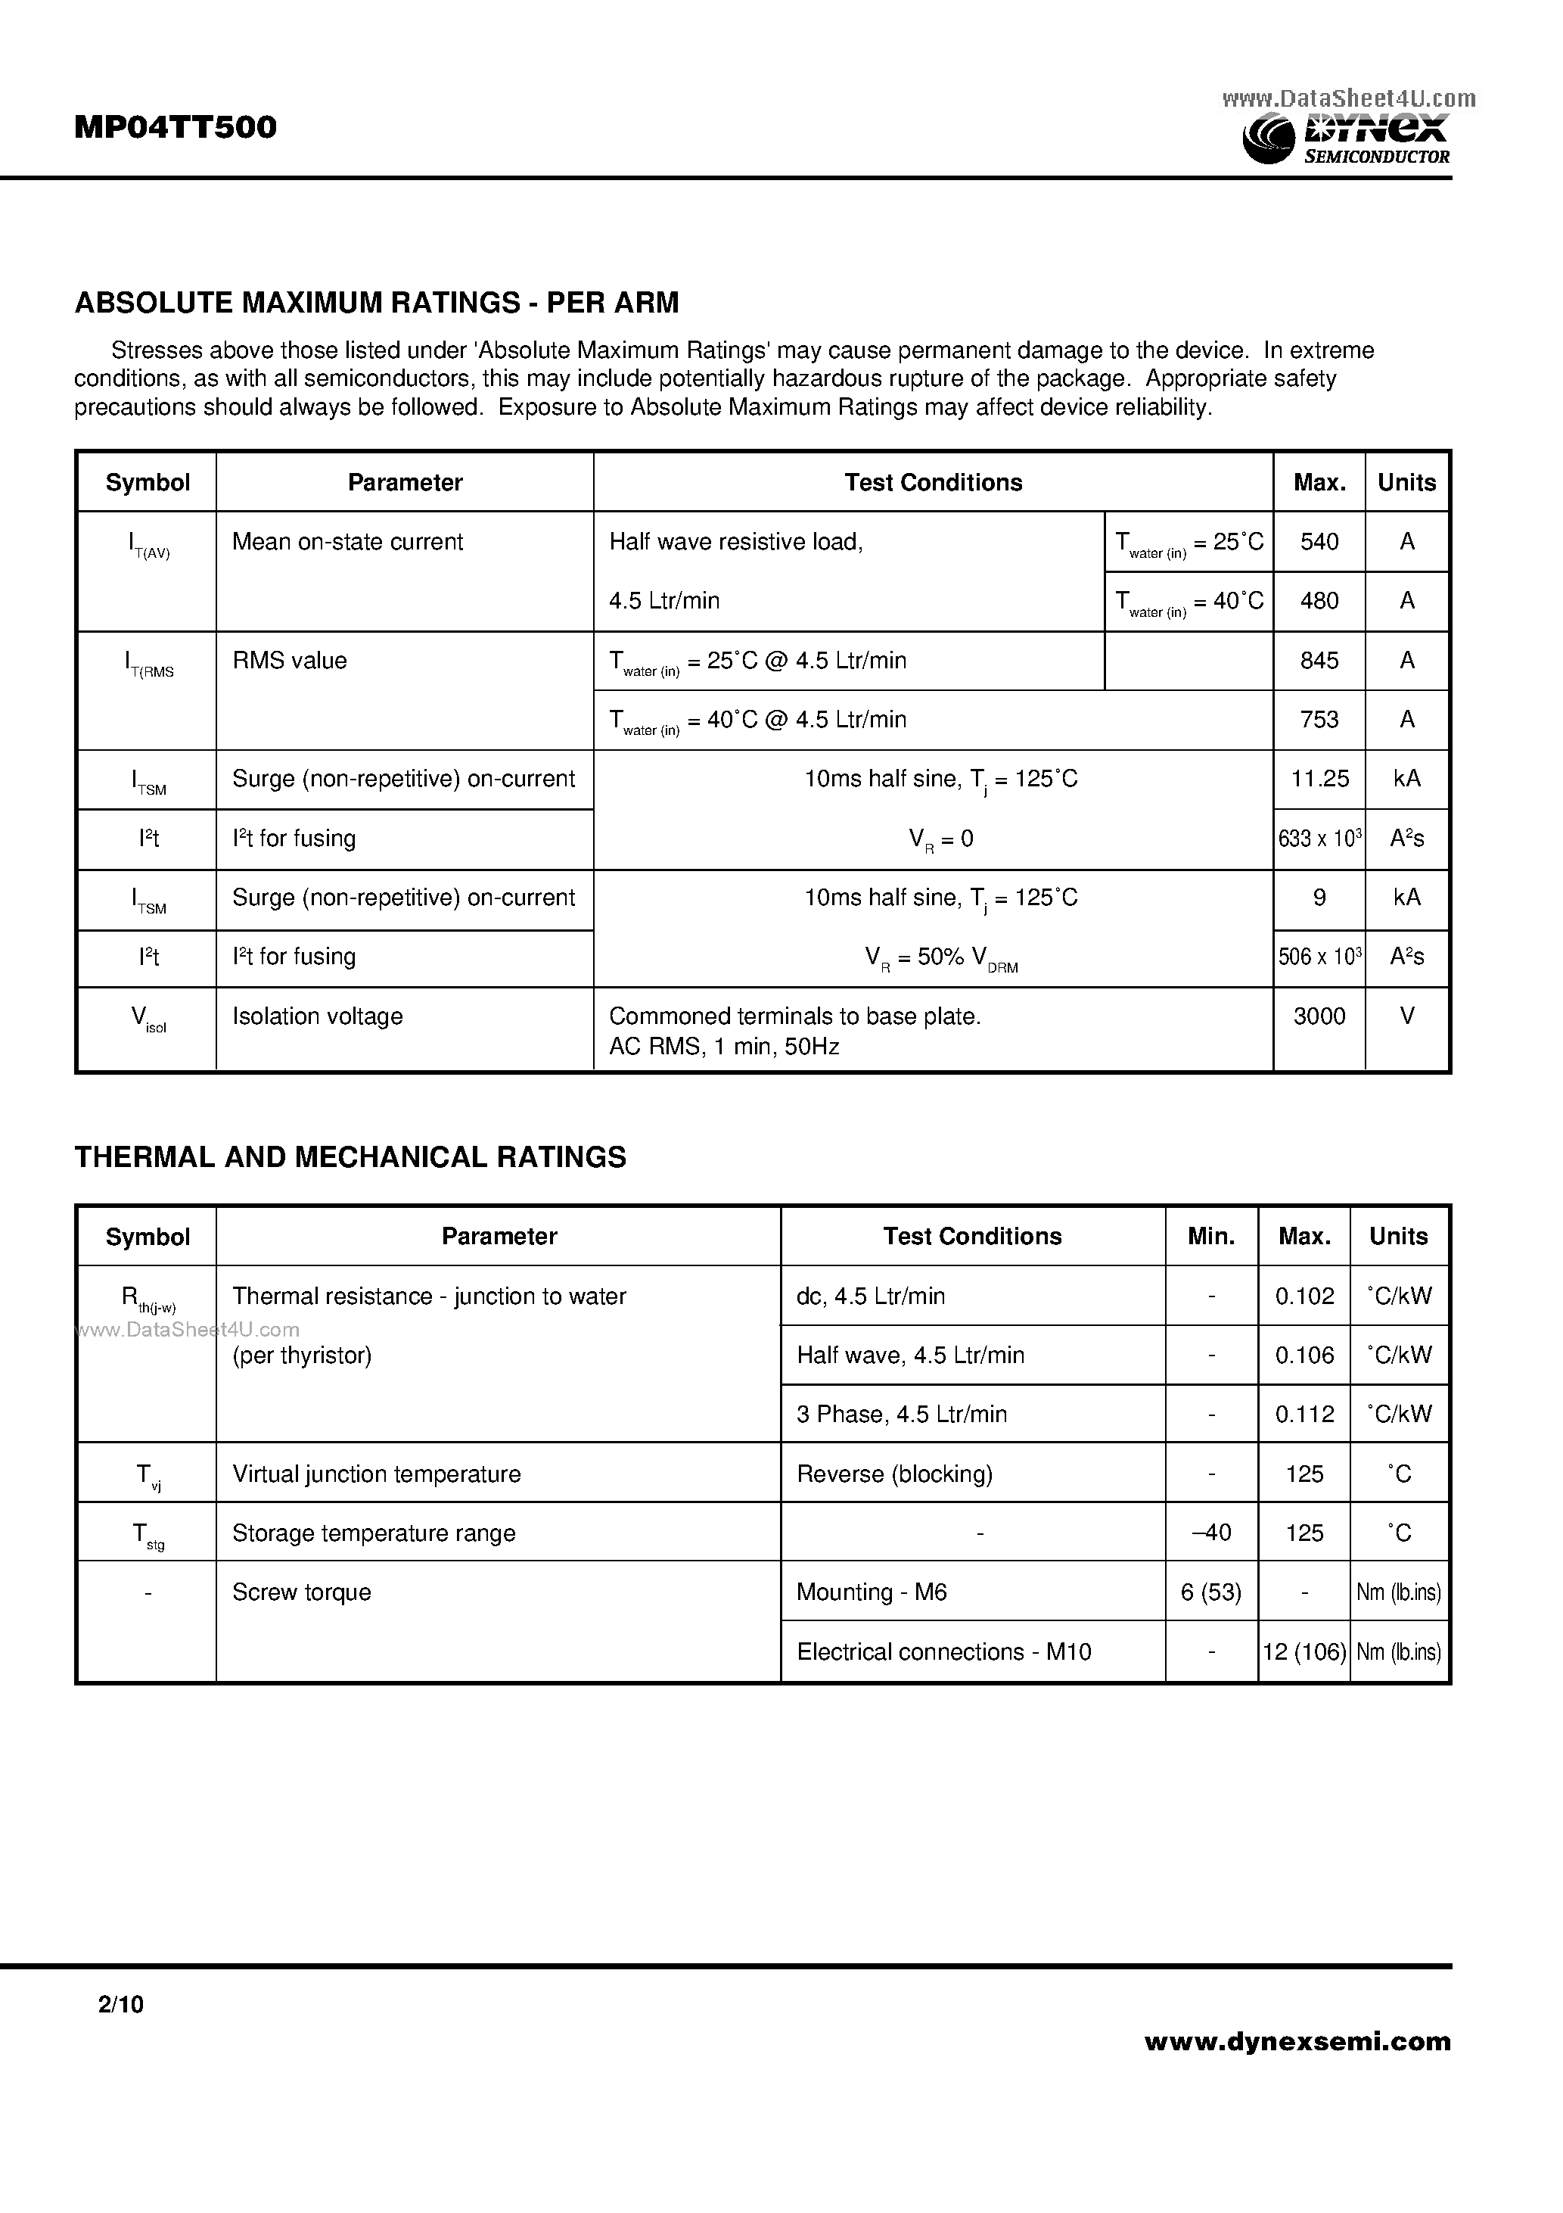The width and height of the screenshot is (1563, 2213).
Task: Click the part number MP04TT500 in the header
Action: pos(176,127)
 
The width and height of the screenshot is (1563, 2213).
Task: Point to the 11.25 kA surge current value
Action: pos(1319,779)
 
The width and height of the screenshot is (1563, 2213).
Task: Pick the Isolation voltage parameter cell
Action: pos(317,1016)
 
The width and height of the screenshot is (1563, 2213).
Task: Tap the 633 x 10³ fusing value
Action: pos(1319,839)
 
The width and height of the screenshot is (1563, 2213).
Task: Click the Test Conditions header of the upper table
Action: pos(933,482)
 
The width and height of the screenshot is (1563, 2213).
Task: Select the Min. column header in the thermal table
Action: pos(1211,1237)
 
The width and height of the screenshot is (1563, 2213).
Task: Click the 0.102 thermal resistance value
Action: pos(1304,1296)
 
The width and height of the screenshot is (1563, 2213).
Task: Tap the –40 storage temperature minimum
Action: pos(1211,1533)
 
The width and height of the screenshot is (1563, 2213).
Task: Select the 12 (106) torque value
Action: pos(1304,1652)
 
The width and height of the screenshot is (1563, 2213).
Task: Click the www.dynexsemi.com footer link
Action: pos(1297,2041)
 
